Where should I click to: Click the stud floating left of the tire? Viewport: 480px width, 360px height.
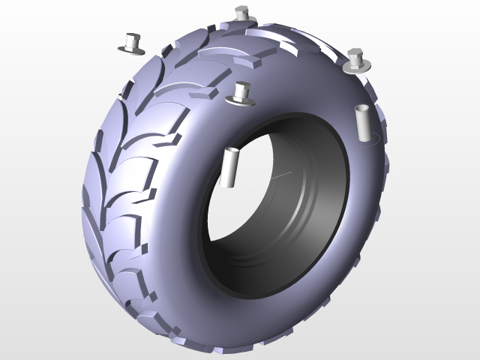click(133, 43)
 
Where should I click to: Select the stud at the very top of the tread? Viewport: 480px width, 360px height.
click(241, 14)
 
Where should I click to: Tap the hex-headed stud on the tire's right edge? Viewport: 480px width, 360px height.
click(357, 61)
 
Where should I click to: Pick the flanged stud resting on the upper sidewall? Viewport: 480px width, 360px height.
click(241, 94)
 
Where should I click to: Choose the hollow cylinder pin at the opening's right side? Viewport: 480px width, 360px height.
click(361, 123)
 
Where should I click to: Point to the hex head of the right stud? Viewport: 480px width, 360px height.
click(357, 55)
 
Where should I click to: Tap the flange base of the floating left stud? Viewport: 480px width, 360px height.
click(131, 49)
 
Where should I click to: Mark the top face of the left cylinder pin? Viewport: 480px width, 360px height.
click(232, 151)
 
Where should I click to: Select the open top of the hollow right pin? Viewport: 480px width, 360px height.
click(361, 109)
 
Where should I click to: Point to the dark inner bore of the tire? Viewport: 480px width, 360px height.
click(292, 225)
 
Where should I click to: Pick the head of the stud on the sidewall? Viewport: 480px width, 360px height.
click(241, 87)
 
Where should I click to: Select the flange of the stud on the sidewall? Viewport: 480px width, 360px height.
click(241, 100)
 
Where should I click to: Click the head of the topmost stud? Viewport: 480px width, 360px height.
click(241, 10)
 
